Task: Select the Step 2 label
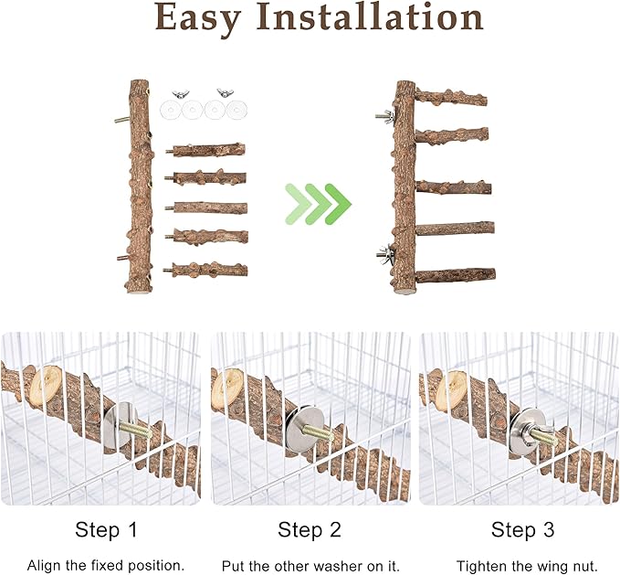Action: tap(310, 530)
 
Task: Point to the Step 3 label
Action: tap(522, 530)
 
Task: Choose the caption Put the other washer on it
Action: tap(310, 566)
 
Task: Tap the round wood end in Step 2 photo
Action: tap(227, 389)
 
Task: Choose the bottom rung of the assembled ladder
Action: tap(454, 274)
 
